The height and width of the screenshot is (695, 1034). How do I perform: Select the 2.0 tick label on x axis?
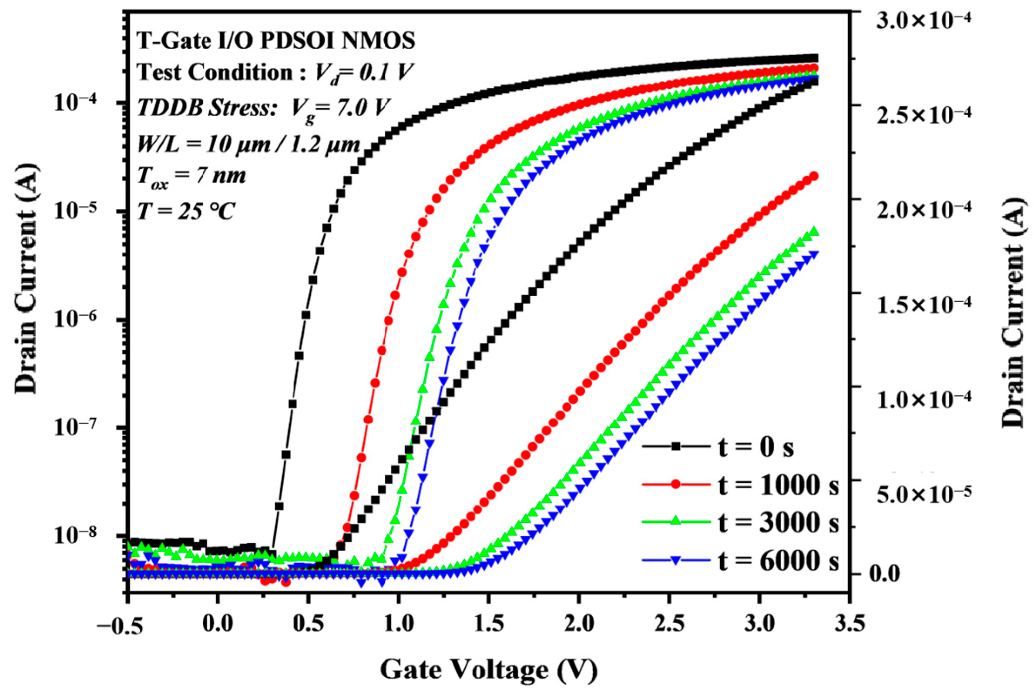(579, 625)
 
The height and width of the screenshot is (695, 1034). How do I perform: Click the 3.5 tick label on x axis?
(849, 625)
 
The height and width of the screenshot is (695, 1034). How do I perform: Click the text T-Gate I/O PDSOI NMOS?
(275, 41)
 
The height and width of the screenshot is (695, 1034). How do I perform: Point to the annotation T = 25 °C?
(185, 212)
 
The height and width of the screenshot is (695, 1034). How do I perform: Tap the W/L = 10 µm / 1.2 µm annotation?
(248, 145)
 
